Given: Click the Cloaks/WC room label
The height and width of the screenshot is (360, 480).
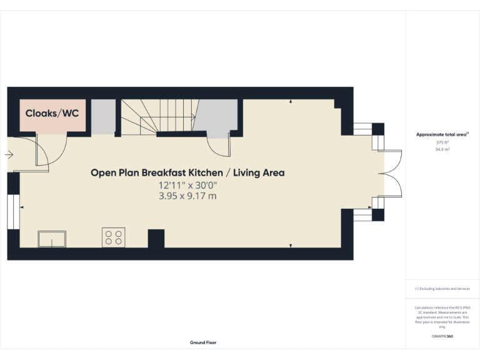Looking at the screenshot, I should coord(52,114).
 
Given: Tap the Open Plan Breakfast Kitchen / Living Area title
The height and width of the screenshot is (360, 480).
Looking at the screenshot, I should coord(187,172).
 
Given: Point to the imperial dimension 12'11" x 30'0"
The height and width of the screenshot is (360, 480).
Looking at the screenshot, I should coord(187,186).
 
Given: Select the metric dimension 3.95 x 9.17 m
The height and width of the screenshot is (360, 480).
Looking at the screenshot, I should coord(187,196).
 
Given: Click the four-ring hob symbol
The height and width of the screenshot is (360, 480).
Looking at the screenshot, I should coord(113,237).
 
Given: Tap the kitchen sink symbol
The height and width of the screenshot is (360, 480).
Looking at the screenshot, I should coord(52,239).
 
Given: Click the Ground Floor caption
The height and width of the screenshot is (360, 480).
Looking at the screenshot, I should coord(203,342).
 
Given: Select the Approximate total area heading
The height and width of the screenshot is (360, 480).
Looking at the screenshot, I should coord(442,134).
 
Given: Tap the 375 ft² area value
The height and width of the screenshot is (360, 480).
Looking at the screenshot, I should coord(442,142).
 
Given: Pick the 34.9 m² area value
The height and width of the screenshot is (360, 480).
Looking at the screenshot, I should coord(442,150).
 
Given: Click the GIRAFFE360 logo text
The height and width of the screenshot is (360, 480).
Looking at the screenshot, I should coord(442,336).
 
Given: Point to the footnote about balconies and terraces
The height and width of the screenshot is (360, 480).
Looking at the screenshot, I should coord(442,289).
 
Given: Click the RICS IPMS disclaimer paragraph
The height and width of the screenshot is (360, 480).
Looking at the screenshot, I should coord(442,317).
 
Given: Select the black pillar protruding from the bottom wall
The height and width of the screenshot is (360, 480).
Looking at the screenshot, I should coord(156,239).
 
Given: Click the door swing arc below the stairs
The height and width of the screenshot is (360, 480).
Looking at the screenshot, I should coord(219,147).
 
